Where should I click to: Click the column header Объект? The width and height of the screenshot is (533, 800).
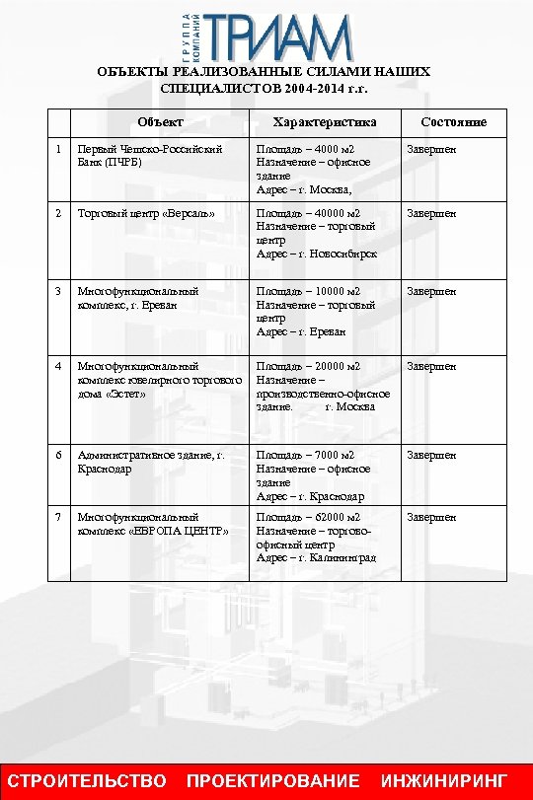(160, 122)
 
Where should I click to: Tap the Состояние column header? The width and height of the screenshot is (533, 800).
(453, 122)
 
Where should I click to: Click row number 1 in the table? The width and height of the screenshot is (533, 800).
(59, 149)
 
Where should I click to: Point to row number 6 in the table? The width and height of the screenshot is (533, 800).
(59, 455)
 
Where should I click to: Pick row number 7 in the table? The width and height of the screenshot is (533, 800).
(59, 517)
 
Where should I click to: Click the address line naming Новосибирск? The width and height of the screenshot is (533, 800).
(316, 254)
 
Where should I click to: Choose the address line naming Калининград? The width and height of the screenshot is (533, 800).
(316, 558)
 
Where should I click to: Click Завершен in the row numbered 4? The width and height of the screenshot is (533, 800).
(432, 366)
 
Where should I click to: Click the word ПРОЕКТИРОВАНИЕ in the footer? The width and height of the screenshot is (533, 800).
(273, 781)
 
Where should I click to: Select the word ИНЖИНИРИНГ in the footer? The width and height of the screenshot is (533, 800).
(449, 781)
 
